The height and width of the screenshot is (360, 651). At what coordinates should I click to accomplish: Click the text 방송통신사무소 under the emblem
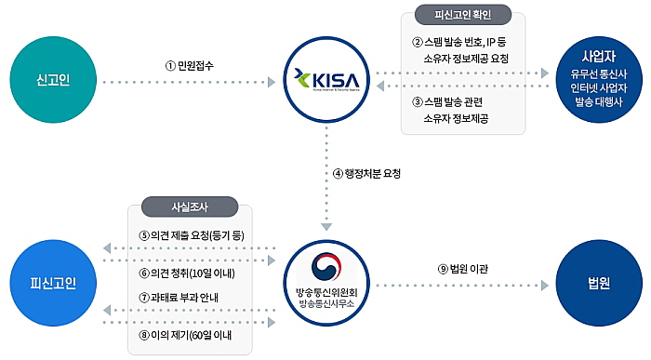325,303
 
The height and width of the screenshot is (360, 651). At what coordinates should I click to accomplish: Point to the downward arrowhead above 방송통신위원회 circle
326,225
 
